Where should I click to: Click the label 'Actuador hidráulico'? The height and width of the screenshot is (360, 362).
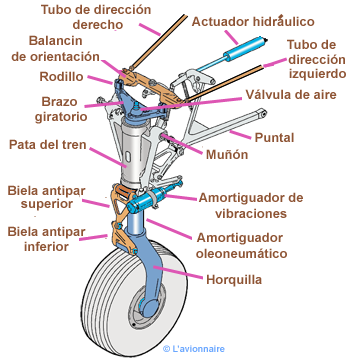(253, 22)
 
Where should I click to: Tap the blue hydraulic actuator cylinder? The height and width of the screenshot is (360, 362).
(244, 48)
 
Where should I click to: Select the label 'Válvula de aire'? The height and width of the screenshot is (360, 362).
(291, 94)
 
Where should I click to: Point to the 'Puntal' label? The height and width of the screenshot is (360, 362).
(274, 137)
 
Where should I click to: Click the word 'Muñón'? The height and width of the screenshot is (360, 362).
(227, 154)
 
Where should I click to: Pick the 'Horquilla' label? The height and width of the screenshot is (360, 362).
(234, 280)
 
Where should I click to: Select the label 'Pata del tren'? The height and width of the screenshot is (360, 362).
(48, 145)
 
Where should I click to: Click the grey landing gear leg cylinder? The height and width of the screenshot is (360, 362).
(133, 152)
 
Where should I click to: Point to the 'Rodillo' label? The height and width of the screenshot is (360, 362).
(61, 77)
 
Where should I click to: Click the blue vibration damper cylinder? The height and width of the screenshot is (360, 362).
(147, 199)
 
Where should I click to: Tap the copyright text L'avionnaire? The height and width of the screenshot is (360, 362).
(194, 349)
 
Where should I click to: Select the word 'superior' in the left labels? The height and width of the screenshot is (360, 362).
(47, 204)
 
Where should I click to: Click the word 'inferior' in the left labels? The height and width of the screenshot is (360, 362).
(46, 246)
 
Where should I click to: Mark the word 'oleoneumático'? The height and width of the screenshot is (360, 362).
(241, 253)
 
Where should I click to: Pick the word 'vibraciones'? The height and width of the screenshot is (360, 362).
(251, 213)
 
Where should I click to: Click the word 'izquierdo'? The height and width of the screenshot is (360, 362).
(317, 74)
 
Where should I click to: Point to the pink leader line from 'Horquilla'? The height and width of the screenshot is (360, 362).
(178, 272)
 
